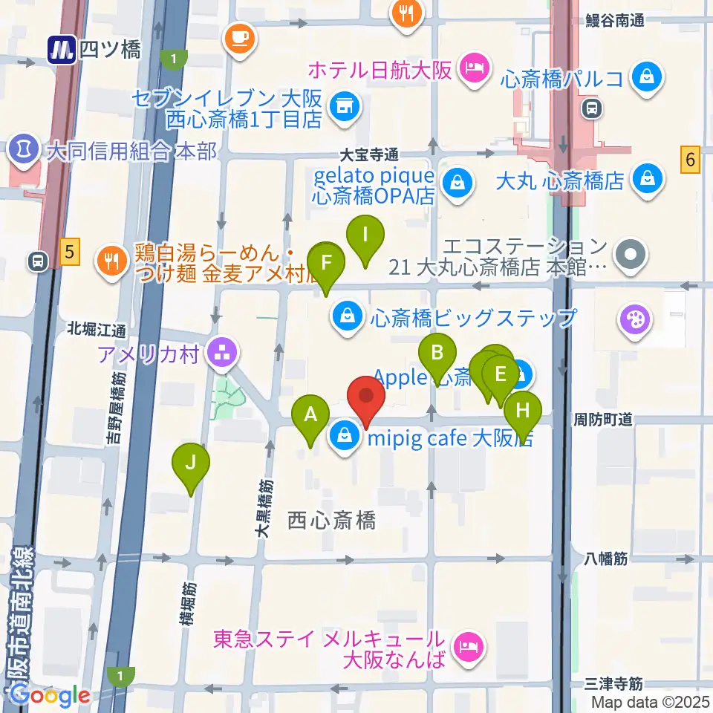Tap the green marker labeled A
(310, 416)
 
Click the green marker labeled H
(523, 410)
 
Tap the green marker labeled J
(191, 463)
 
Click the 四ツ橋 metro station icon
(62, 50)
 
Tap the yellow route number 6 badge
(691, 159)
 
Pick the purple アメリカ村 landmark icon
(221, 354)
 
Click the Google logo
(51, 695)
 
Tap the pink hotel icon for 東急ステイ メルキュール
(467, 648)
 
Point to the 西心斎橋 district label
(331, 521)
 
